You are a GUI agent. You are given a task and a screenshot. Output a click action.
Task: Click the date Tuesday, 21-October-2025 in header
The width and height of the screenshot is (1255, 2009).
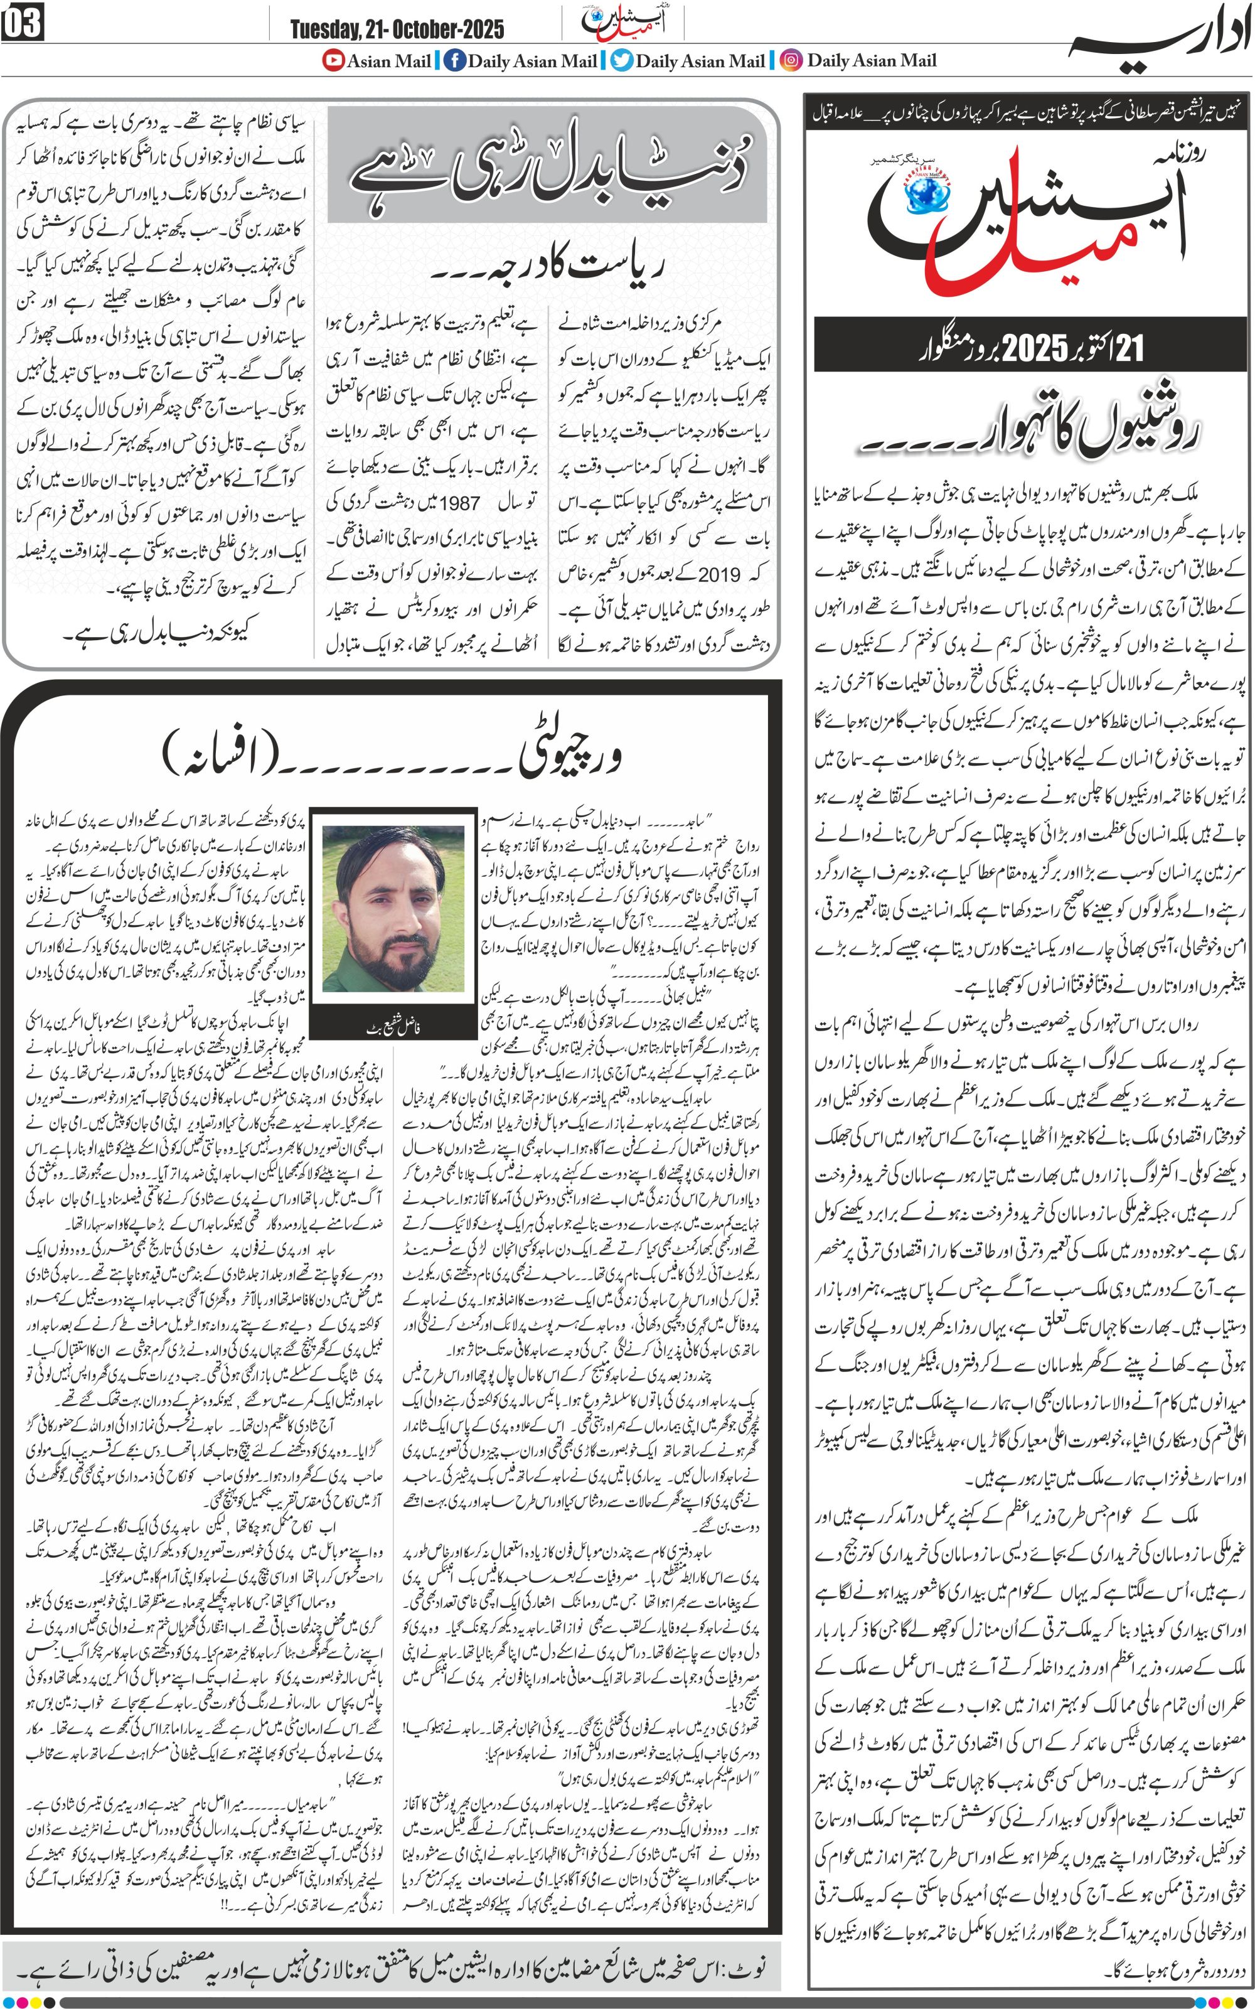[397, 30]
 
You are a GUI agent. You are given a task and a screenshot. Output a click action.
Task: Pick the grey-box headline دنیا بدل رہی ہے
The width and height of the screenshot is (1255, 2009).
[552, 164]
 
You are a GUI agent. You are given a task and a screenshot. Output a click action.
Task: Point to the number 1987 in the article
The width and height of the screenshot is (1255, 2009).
[459, 503]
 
